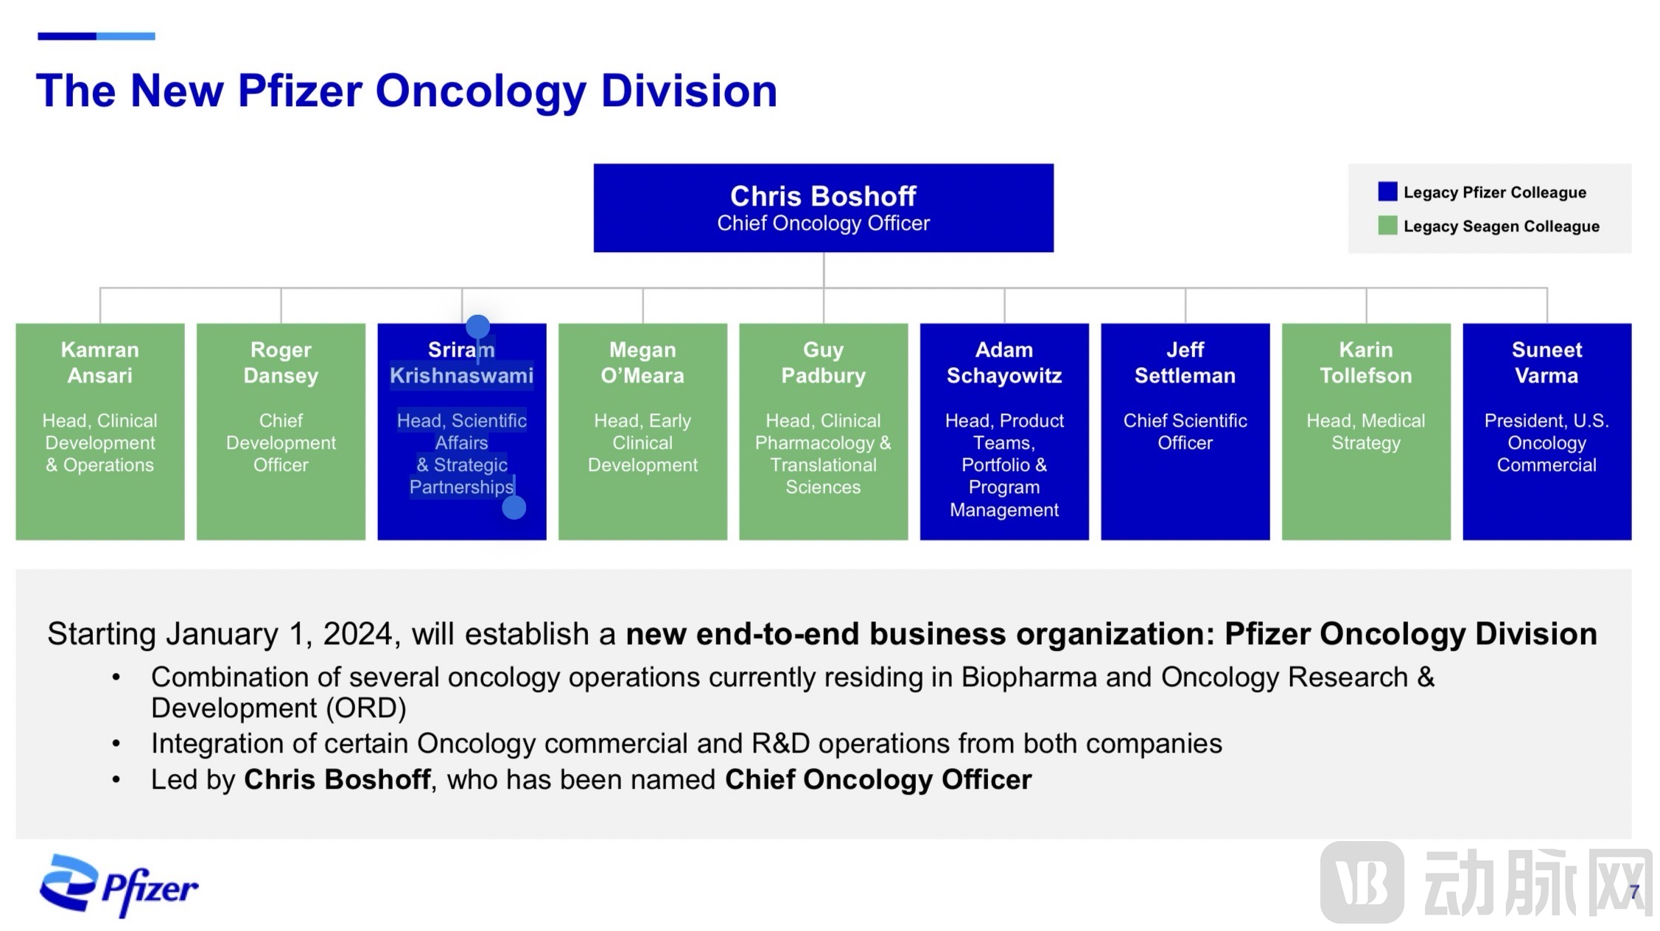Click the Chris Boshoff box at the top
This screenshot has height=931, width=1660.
823,208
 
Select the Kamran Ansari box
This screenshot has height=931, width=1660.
100,431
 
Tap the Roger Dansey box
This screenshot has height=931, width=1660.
281,431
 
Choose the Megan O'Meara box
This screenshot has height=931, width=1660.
642,431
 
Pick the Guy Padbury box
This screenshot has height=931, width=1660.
823,431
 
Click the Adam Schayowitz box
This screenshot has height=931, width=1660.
1004,431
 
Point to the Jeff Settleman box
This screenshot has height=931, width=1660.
1185,431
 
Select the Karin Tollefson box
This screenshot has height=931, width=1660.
1366,431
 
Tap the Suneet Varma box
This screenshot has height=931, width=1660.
1547,431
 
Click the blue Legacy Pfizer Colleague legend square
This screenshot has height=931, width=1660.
1387,192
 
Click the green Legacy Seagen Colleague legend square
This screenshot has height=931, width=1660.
1387,226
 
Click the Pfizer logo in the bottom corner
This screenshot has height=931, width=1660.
119,886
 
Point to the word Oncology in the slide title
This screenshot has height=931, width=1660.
480,91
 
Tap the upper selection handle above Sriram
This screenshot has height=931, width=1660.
477,326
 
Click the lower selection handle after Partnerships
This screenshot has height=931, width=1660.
514,507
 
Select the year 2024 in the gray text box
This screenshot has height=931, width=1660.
357,634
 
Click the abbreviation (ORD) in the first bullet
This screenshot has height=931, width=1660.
366,708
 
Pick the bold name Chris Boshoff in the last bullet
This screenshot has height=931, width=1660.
337,780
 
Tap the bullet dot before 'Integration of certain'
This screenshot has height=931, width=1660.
116,744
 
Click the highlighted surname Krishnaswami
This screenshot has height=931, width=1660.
461,375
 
